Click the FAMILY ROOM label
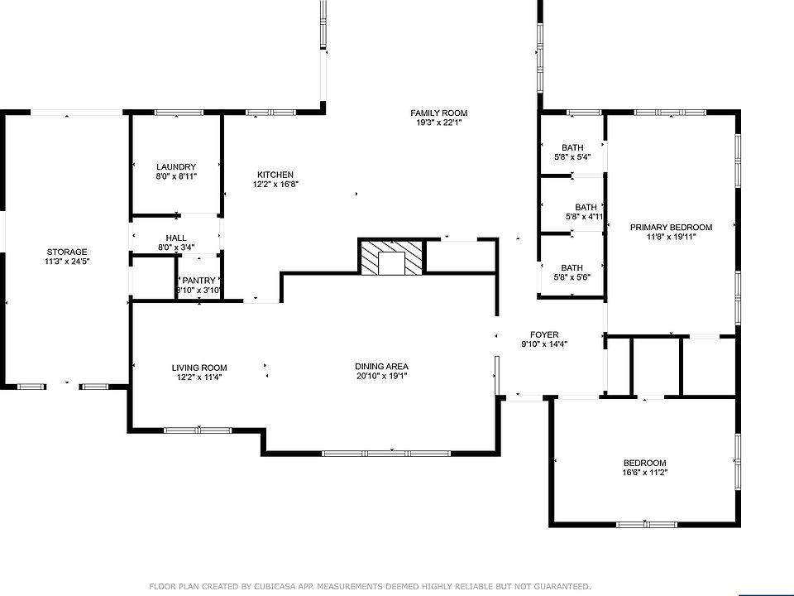tap(438, 113)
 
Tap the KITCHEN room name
tap(275, 175)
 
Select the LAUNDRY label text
tap(176, 166)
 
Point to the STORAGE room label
tap(67, 252)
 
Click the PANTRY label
tap(199, 281)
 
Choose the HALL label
tap(176, 238)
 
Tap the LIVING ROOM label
tap(199, 368)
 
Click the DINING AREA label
tap(381, 367)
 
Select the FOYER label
tap(544, 334)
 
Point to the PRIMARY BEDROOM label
tap(671, 228)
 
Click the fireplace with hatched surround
tap(391, 257)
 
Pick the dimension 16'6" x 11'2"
tap(645, 473)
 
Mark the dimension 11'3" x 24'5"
tap(67, 262)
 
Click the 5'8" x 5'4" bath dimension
tap(572, 157)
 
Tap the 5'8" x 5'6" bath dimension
tap(572, 277)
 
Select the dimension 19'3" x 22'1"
tap(438, 123)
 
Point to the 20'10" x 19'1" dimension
tap(381, 376)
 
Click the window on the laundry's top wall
tap(175, 113)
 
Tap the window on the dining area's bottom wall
tap(386, 453)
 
